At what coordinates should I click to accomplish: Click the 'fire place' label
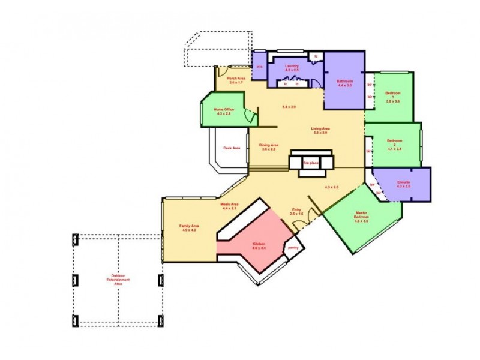(x=310, y=162)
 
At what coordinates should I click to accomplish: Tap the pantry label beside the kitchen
(x=293, y=247)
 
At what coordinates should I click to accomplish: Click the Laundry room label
(x=292, y=67)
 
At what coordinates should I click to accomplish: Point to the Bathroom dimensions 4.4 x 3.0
(x=344, y=86)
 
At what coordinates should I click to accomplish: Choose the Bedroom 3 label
(x=393, y=96)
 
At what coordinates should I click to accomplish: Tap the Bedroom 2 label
(x=394, y=143)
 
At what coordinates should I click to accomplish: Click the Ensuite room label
(x=403, y=183)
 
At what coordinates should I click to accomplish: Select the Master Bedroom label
(x=361, y=215)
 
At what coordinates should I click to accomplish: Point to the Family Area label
(x=189, y=227)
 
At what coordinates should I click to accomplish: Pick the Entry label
(x=296, y=210)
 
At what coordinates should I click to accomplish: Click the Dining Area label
(x=268, y=146)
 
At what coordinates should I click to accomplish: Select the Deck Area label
(x=232, y=148)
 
